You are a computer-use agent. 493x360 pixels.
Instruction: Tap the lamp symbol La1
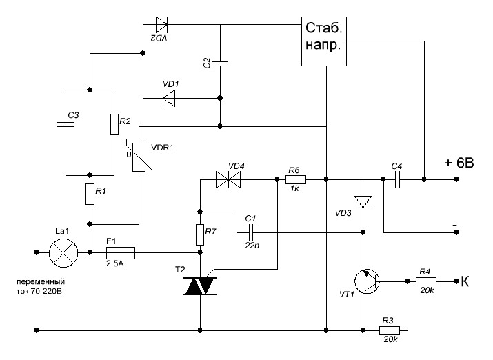point(63,254)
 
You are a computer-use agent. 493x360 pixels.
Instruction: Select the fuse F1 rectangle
point(120,254)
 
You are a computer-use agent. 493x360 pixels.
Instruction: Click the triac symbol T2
point(200,285)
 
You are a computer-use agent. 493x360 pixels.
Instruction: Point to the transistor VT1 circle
point(367,281)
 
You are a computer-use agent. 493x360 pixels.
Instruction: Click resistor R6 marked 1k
point(294,179)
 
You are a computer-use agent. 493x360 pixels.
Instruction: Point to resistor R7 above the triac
point(200,235)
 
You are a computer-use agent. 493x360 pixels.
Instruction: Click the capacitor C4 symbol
point(396,179)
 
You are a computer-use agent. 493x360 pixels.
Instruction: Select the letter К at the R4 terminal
point(466,281)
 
